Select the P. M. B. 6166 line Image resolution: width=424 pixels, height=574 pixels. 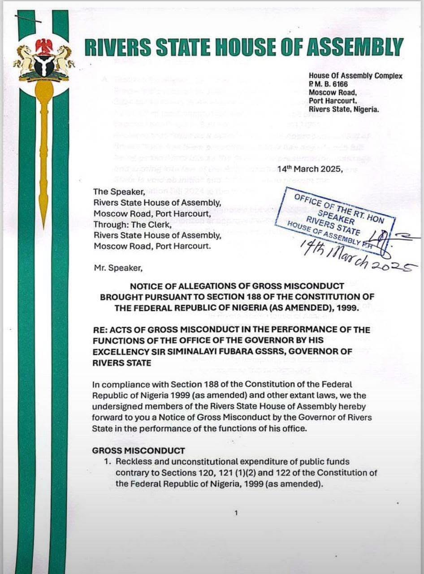coord(328,84)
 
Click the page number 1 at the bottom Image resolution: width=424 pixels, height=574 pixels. coord(236,513)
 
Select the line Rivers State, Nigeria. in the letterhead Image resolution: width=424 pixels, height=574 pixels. coord(344,109)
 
